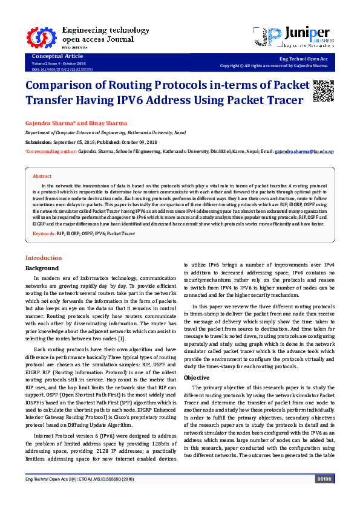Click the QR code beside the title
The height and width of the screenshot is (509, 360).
[323, 91]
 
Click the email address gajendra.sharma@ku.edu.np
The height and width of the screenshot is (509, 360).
[304, 152]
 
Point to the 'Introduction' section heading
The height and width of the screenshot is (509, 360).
[43, 258]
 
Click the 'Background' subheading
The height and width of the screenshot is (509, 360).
[42, 268]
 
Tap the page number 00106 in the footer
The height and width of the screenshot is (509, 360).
[325, 496]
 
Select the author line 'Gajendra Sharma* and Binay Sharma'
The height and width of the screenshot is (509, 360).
[76, 123]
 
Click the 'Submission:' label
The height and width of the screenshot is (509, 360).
[39, 142]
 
